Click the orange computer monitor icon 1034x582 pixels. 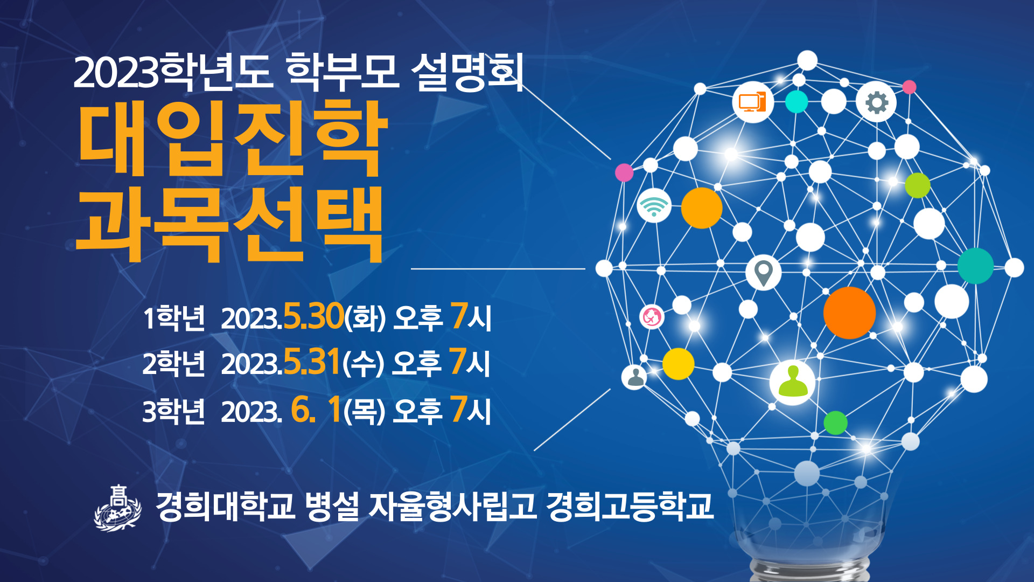(x=752, y=102)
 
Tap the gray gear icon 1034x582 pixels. (x=876, y=102)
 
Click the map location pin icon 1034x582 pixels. (x=764, y=273)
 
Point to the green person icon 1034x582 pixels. (x=793, y=382)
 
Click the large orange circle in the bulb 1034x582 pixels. (x=849, y=313)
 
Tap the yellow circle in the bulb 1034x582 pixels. (x=678, y=364)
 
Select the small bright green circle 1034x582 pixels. (x=835, y=422)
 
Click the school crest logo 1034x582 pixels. (x=118, y=508)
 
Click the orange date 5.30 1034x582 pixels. (x=313, y=316)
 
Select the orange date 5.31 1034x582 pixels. (x=312, y=362)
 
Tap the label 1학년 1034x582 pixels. (x=174, y=318)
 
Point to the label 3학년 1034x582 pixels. (x=173, y=412)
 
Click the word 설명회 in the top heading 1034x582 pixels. (x=467, y=72)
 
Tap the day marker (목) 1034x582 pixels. (x=365, y=411)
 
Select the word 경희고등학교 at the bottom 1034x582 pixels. (x=630, y=506)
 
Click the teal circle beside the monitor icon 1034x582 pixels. (x=797, y=101)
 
